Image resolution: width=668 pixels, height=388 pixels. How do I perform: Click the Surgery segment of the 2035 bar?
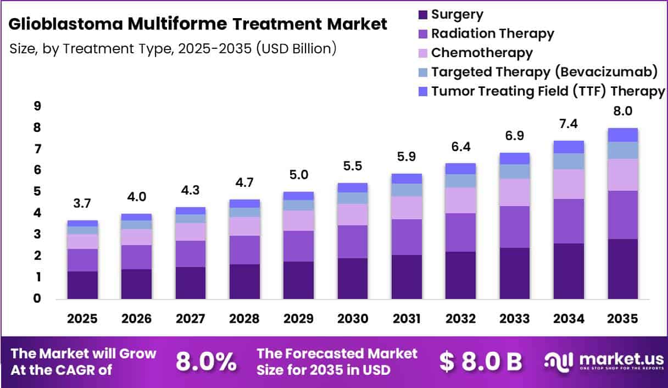(622, 269)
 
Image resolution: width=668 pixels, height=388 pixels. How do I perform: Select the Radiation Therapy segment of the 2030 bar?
(353, 242)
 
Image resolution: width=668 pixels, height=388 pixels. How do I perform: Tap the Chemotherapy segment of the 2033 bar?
(514, 192)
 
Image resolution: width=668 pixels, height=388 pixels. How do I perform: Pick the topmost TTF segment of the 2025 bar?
(82, 223)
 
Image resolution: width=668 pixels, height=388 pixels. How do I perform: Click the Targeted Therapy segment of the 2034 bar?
(569, 162)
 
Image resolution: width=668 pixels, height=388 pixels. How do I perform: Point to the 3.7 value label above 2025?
(82, 203)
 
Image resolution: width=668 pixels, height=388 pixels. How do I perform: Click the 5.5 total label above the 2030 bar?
(353, 166)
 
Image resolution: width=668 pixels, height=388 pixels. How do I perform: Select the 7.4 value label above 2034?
(569, 124)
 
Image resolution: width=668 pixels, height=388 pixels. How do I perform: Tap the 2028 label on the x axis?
(244, 319)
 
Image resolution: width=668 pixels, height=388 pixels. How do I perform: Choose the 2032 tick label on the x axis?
(460, 319)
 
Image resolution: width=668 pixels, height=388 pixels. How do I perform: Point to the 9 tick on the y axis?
(37, 106)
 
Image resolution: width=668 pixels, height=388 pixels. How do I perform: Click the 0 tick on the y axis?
(37, 298)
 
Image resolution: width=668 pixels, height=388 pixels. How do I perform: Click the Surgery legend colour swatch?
(423, 15)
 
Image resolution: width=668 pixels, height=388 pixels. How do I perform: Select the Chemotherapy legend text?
(482, 53)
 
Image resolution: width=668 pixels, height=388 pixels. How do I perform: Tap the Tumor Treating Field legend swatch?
(423, 91)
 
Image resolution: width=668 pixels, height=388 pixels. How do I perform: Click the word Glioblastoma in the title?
(65, 24)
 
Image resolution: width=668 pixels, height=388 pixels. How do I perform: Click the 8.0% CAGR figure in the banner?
(206, 362)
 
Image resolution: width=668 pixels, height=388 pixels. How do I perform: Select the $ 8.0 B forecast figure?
(481, 362)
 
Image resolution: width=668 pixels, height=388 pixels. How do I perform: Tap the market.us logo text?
(622, 359)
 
